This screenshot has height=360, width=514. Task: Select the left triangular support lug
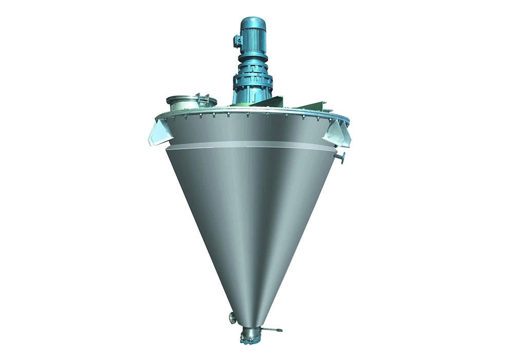point(159,131)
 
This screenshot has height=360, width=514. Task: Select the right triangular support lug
point(338,132)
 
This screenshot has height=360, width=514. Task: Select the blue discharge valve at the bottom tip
point(248,340)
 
